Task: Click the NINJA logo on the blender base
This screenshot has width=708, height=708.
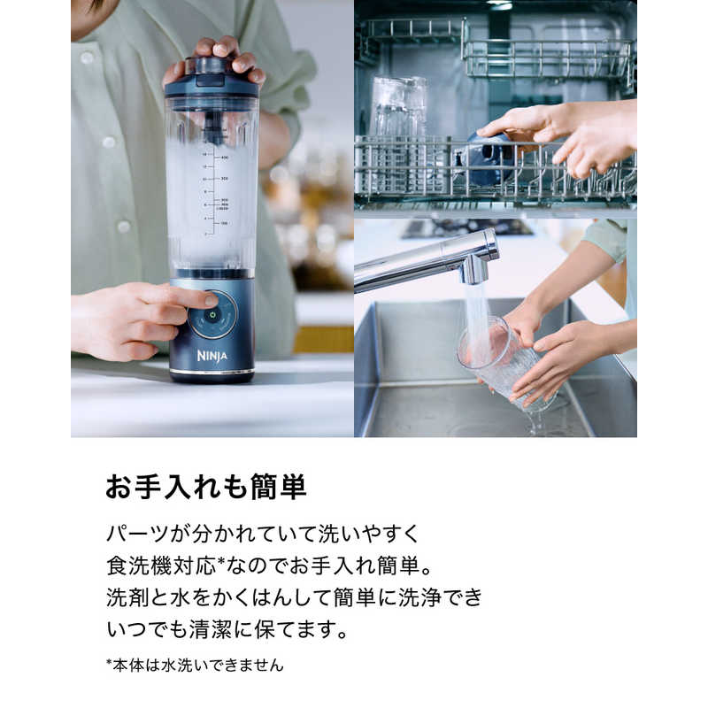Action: [x=212, y=357]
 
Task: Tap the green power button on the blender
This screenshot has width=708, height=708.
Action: [x=212, y=314]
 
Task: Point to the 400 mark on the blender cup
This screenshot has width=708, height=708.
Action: [x=225, y=158]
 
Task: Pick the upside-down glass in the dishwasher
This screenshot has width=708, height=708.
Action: [x=399, y=107]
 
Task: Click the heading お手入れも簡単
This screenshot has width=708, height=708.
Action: [x=206, y=488]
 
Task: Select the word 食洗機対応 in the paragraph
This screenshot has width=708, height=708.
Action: [x=161, y=566]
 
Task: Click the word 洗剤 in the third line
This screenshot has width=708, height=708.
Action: [x=127, y=597]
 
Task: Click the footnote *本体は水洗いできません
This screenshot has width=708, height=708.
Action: [x=195, y=666]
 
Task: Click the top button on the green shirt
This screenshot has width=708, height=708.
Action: [x=87, y=58]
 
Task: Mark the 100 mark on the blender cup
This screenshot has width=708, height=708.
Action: [x=224, y=224]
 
